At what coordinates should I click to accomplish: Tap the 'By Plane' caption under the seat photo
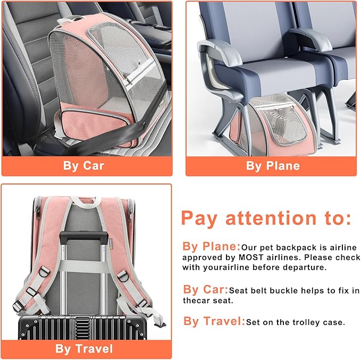click(x=273, y=165)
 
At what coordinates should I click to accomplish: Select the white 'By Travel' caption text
click(x=84, y=349)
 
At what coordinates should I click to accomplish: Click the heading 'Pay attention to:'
click(x=266, y=218)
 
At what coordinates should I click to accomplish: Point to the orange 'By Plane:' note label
click(x=212, y=247)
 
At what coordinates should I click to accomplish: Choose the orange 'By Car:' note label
click(x=206, y=290)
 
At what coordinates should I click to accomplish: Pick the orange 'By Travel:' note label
click(x=214, y=321)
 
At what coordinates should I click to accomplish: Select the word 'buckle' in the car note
click(x=293, y=290)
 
